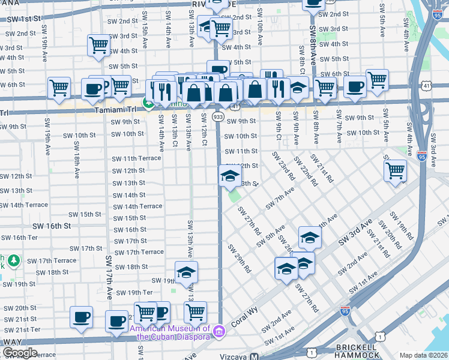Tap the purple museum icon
pos(219,331)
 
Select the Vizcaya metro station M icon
pos(255,355)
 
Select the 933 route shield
pos(218,116)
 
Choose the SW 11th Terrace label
pos(136,158)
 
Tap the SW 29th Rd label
pos(239,259)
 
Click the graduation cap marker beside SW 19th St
pos(186,272)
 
